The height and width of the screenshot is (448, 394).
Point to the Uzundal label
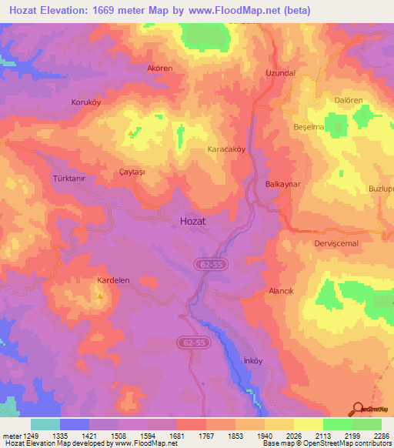(280, 72)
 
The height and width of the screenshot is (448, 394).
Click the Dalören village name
(348, 100)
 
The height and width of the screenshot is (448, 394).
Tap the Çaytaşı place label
(132, 172)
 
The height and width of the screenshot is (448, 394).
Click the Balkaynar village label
(282, 185)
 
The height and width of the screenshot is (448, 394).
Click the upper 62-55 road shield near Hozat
(209, 264)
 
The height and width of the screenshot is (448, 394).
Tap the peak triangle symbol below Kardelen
(99, 296)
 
